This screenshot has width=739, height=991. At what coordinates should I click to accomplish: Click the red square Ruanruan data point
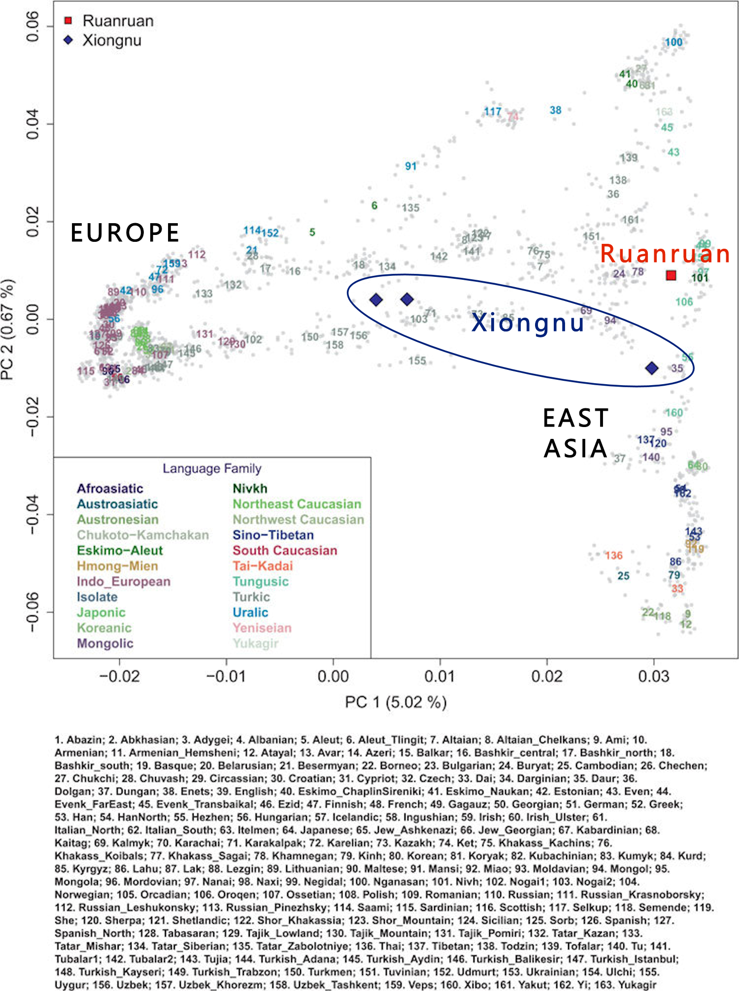tap(671, 275)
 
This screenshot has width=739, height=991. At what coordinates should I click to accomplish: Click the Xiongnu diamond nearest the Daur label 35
tap(652, 368)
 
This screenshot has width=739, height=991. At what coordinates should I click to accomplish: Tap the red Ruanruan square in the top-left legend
tap(68, 21)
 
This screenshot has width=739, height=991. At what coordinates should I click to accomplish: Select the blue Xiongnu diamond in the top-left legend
tap(68, 40)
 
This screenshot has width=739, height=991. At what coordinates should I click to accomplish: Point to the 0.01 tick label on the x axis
tap(440, 676)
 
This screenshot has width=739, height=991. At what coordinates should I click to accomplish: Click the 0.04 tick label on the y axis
tap(33, 124)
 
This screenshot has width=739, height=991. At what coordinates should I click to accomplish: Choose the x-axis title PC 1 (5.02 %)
tap(396, 702)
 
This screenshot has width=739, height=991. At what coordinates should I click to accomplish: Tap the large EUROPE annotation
tap(125, 233)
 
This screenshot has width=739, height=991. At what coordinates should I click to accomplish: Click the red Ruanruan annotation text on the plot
tap(665, 254)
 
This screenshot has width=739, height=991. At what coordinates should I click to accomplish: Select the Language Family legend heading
tap(212, 468)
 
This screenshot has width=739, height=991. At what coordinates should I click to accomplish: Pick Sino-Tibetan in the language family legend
tap(273, 535)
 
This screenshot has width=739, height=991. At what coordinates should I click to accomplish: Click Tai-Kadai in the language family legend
tap(263, 566)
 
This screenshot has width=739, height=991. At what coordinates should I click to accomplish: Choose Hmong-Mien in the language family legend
tap(117, 566)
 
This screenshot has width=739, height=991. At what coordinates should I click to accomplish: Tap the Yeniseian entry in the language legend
tap(262, 628)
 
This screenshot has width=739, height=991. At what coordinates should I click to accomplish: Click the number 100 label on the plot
tap(673, 42)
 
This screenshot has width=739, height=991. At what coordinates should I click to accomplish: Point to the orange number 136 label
tap(614, 556)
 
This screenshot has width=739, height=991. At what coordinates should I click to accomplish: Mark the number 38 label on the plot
tap(555, 110)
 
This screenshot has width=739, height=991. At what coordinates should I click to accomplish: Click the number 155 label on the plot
tap(417, 361)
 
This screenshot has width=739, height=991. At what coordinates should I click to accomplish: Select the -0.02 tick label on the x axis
tap(119, 676)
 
